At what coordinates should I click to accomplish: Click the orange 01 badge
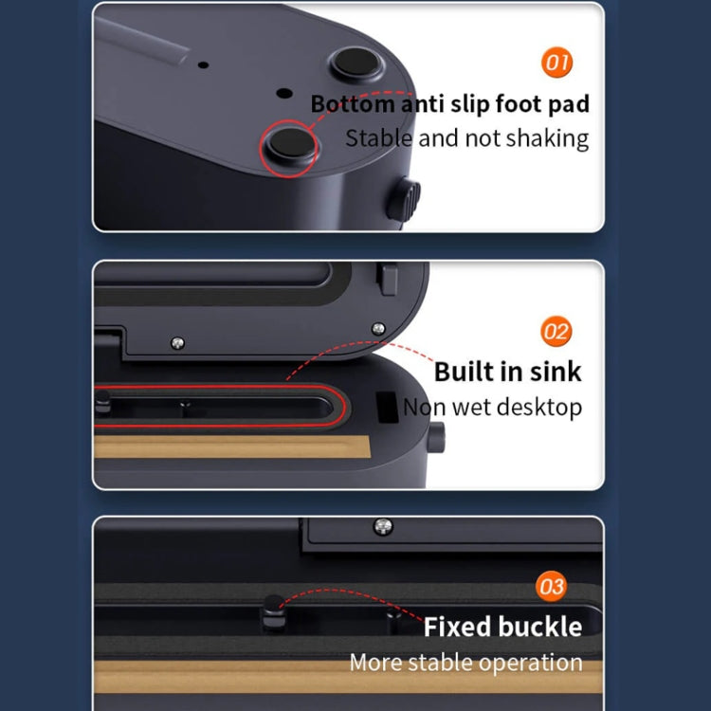click(556, 63)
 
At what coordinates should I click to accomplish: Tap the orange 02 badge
click(556, 331)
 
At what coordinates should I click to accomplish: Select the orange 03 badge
click(551, 586)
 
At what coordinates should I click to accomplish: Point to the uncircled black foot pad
click(356, 63)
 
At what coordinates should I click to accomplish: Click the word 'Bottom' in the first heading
click(353, 104)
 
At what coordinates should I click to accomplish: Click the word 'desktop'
click(538, 407)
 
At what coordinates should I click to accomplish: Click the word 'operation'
click(531, 663)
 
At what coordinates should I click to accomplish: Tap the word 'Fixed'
click(457, 627)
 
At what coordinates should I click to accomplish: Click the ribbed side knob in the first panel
click(405, 199)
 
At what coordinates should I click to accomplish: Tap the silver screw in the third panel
click(383, 526)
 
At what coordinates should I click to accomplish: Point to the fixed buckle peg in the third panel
click(273, 612)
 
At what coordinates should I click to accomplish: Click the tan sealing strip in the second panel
click(231, 447)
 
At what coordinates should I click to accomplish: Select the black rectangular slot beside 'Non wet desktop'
click(387, 408)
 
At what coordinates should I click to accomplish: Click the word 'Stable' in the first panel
click(378, 137)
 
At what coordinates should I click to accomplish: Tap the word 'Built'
click(463, 372)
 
